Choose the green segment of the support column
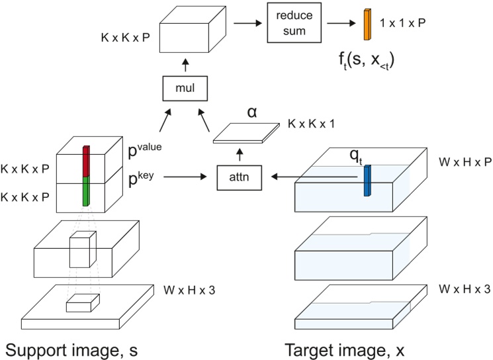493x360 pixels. pos(85,189)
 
